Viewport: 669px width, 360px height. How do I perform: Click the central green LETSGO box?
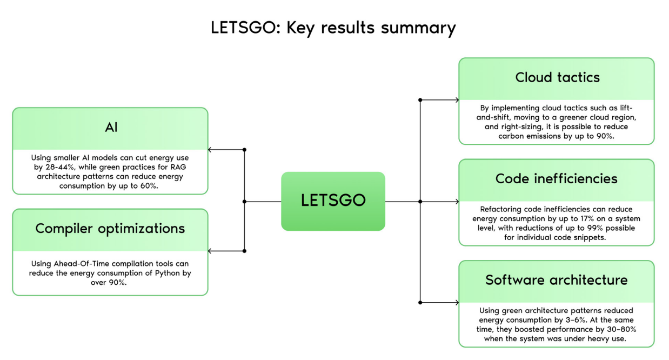tap(333, 201)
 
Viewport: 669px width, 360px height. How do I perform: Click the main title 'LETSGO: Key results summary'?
tap(333, 28)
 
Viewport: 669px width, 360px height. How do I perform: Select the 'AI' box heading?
tap(110, 128)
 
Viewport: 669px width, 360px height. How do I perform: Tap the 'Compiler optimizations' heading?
tap(110, 229)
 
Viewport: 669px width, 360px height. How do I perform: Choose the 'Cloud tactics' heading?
tap(557, 77)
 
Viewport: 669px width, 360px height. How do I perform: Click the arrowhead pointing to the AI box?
tap(211, 150)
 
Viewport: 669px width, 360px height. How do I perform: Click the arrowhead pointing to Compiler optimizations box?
tap(211, 251)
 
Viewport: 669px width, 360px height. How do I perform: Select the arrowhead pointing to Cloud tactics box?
tap(456, 100)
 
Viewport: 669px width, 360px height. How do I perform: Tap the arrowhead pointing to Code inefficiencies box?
tap(456, 202)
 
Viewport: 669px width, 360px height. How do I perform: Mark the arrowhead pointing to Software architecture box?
tap(456, 303)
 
